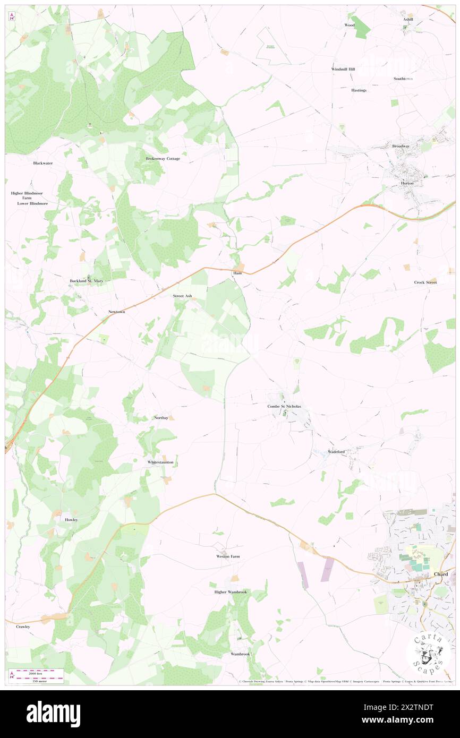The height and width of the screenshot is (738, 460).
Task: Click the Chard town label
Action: click(441, 574)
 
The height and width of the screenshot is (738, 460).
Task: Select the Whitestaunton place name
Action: click(160, 462)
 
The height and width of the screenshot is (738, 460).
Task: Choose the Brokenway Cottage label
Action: click(163, 159)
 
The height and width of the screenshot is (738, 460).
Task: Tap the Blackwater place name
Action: click(42, 163)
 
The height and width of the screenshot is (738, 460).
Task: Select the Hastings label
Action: click(359, 90)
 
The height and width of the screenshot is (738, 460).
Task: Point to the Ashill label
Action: click(408, 19)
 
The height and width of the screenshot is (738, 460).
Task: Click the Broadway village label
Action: click(401, 146)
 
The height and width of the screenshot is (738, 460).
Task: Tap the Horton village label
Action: click(407, 183)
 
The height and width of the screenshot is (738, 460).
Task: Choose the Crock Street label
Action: click(425, 282)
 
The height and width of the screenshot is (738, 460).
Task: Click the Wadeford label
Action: click(336, 452)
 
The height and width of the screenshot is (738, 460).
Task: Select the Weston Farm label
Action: click(228, 556)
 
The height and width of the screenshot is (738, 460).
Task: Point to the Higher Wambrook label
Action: click(231, 592)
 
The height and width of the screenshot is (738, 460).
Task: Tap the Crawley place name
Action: click(23, 627)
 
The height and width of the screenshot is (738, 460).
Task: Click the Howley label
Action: click(71, 520)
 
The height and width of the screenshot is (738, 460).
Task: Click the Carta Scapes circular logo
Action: click(428, 653)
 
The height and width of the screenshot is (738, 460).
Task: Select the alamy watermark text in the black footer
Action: click(53, 714)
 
